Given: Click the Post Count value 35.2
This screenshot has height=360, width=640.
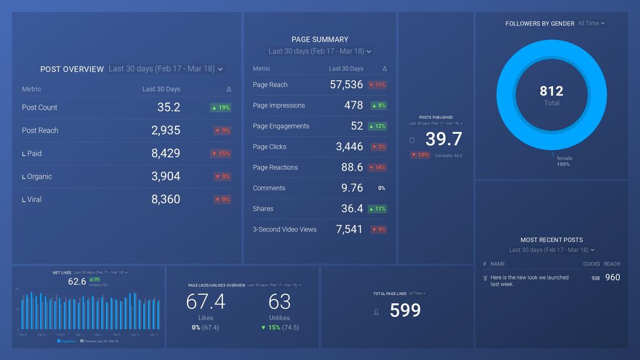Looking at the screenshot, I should pos(168,107).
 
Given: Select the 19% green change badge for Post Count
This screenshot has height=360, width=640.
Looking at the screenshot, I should pos(221,107).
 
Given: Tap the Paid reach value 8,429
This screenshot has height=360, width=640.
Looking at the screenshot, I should pos(166,153).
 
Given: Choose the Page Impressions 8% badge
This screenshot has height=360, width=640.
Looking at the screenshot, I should pos(378,106).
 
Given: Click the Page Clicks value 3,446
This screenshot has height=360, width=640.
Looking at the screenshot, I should pos(349,147).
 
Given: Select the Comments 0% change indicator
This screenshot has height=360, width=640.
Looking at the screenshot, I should pos(381,188).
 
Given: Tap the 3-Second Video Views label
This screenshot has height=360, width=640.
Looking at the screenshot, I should pos(284,229).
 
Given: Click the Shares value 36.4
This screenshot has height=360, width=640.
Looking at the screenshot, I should pos(352,209).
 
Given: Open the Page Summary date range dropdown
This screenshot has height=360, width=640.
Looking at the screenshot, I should pos(320,51).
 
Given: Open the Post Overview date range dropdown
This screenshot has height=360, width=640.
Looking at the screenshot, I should pos(166,69).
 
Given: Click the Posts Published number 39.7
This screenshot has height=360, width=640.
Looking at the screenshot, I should pos(443,139).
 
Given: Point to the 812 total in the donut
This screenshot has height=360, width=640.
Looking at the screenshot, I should pos(551,91).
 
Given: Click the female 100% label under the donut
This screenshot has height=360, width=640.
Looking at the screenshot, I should pos(564,161).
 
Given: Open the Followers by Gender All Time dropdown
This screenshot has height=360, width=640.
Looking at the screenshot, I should pos(591,24).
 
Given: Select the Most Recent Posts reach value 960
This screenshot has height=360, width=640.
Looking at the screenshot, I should pos(612,277).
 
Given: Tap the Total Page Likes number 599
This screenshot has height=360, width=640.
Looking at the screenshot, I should pos(405,311).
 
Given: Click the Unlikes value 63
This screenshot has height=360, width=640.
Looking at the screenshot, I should pos(279,302).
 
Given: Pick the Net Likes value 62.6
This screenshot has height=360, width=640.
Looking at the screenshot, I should pos(77,282).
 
